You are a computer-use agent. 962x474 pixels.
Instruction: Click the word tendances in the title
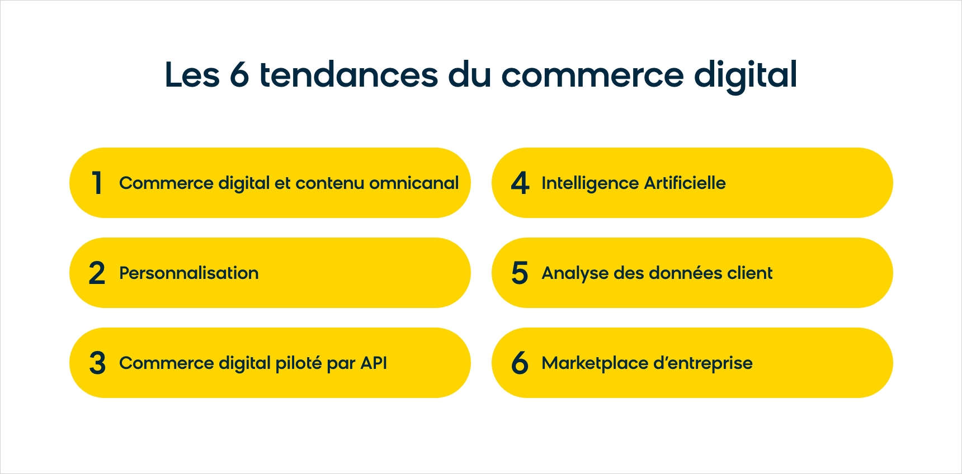(348, 74)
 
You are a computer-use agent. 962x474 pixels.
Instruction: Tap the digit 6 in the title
(239, 74)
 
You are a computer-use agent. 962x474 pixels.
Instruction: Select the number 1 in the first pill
(97, 183)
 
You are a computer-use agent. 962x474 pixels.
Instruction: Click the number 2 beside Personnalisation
(97, 273)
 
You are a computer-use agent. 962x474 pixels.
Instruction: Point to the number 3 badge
(97, 363)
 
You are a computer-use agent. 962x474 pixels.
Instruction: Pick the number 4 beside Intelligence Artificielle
(520, 183)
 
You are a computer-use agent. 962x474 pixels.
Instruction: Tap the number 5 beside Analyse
(520, 273)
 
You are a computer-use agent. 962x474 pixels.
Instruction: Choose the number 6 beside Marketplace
(520, 363)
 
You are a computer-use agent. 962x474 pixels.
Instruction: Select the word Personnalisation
(189, 273)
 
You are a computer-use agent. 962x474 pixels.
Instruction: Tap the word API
(374, 363)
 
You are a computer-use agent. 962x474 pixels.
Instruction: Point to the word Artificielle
(685, 183)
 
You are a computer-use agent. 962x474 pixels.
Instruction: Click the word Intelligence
(590, 183)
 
